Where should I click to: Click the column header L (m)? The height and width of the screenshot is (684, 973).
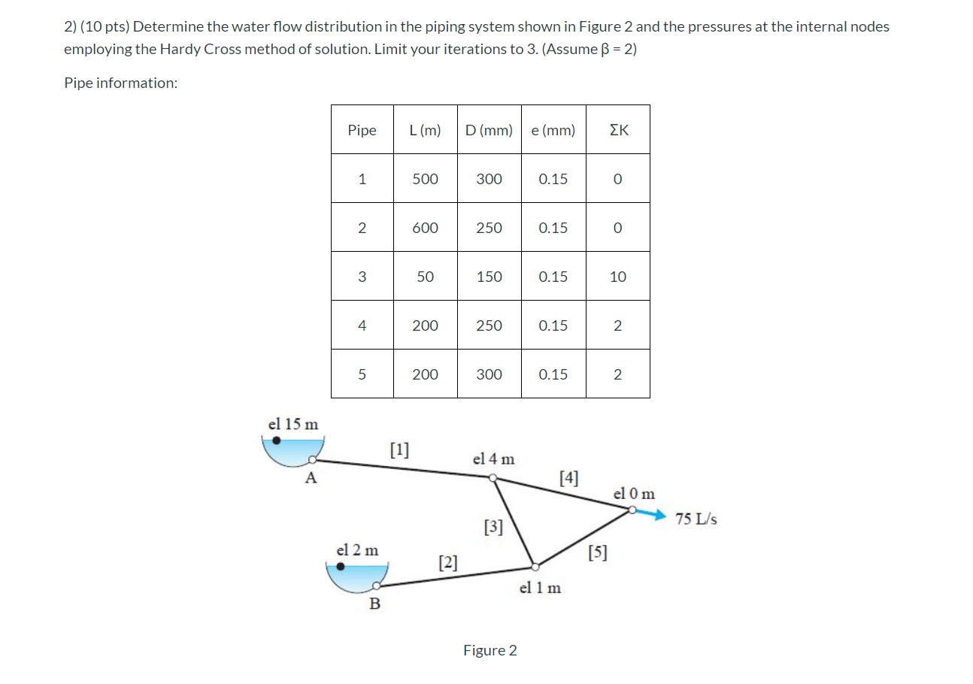click(x=425, y=130)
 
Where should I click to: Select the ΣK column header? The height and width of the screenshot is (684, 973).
click(x=617, y=130)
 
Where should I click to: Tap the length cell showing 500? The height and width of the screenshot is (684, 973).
click(x=425, y=179)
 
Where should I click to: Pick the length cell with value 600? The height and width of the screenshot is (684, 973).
click(x=425, y=228)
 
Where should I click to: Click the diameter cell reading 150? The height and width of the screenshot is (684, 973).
click(x=489, y=277)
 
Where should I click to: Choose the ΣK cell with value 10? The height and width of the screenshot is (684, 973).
click(x=617, y=277)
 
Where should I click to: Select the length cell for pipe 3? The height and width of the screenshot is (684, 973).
click(x=425, y=277)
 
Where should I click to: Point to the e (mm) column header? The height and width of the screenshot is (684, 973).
click(x=553, y=130)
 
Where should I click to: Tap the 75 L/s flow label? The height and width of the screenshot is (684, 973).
click(x=696, y=519)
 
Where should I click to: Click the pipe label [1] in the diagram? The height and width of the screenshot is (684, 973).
click(x=399, y=449)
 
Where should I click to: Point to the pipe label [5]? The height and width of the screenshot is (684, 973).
click(x=598, y=554)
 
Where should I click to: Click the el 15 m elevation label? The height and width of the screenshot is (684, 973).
click(x=293, y=424)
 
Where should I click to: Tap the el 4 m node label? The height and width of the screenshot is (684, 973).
click(x=493, y=459)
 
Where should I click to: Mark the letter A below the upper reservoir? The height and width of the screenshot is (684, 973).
click(x=311, y=477)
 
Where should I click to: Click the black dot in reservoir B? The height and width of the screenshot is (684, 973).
click(x=341, y=567)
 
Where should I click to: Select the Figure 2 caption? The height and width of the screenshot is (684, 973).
click(x=490, y=650)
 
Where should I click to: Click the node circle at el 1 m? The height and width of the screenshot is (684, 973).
click(x=534, y=567)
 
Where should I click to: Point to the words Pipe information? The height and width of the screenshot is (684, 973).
click(x=120, y=83)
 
